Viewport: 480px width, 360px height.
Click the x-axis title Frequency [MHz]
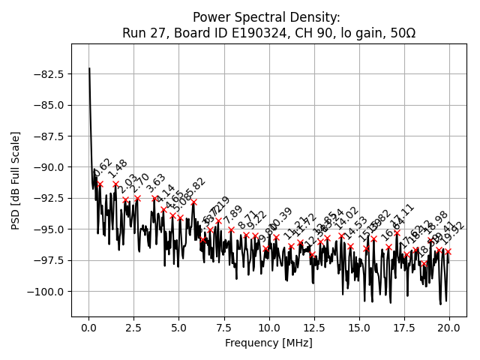(x=268, y=343)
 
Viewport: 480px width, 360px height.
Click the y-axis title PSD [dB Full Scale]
(x=16, y=180)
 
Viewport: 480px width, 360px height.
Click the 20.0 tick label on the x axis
(x=449, y=328)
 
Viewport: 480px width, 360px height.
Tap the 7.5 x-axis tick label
(x=224, y=328)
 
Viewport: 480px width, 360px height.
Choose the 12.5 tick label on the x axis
(x=314, y=328)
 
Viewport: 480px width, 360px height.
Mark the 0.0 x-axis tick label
(x=89, y=328)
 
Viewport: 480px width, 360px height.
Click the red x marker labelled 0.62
(x=100, y=184)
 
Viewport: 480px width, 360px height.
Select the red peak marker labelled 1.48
(x=115, y=184)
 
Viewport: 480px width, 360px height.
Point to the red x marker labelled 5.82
(x=193, y=202)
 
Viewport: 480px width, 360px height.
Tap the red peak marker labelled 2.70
(x=137, y=198)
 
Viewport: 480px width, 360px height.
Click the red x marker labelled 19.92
(x=448, y=251)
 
